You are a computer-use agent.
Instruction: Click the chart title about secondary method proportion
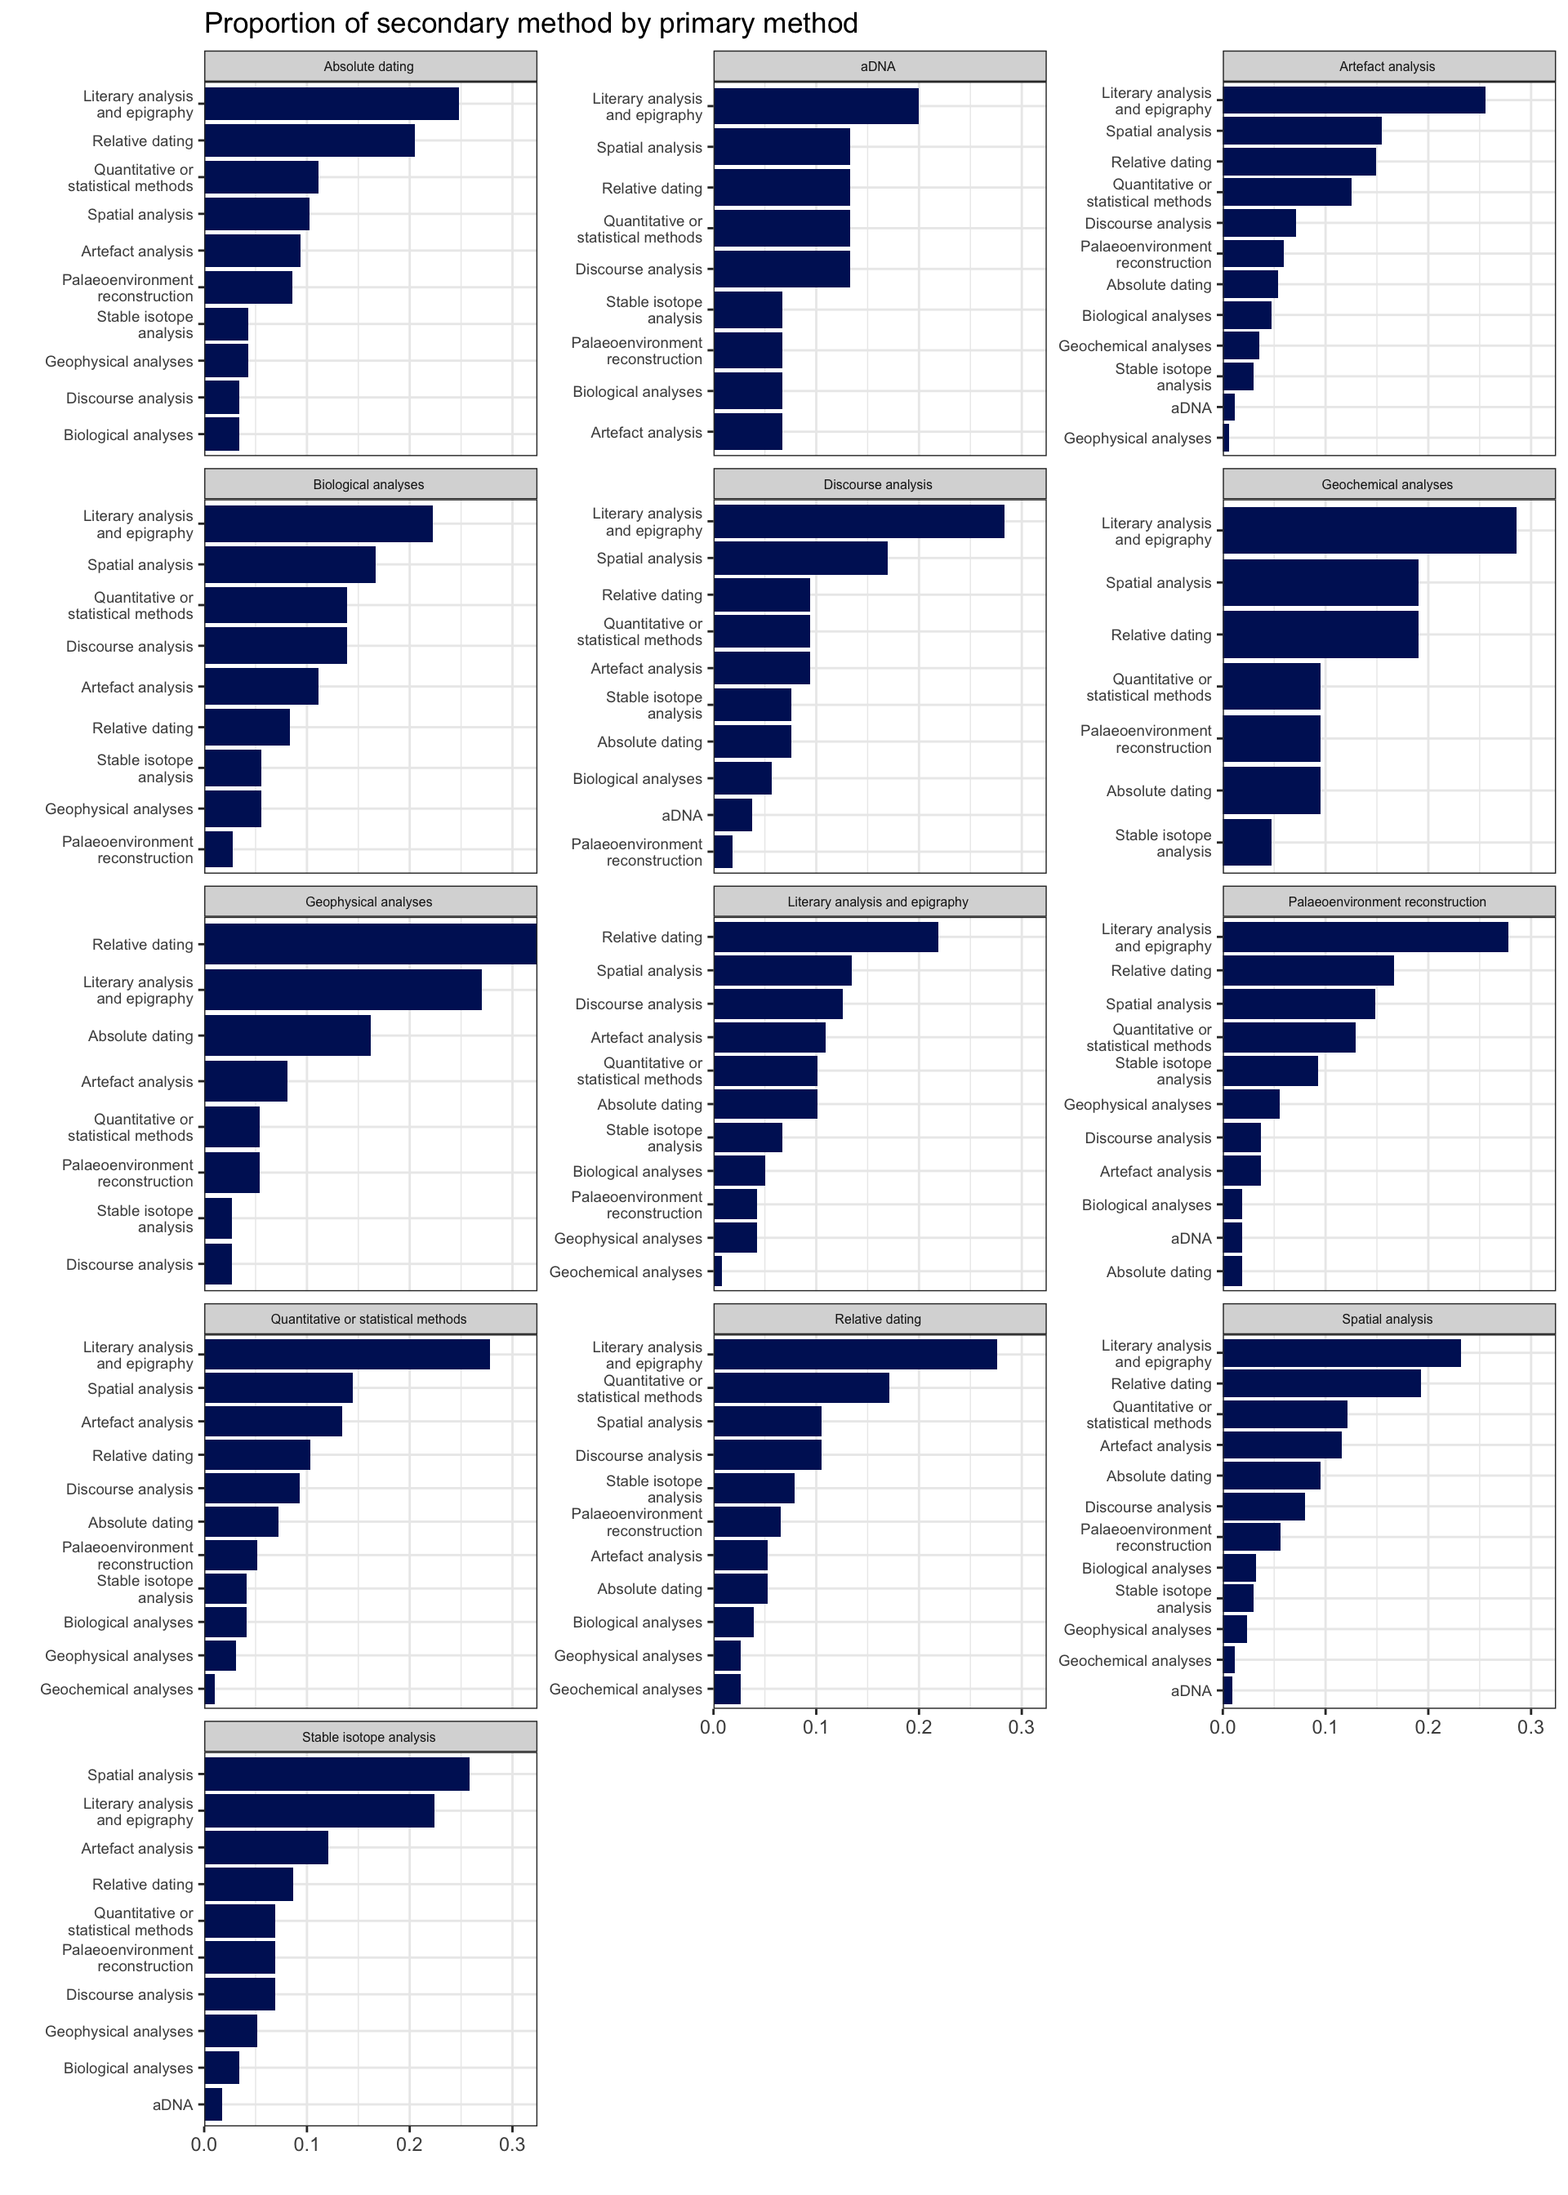pyautogui.click(x=530, y=23)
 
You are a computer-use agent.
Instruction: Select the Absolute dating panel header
pyautogui.click(x=369, y=67)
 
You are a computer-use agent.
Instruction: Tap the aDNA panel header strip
pyautogui.click(x=879, y=67)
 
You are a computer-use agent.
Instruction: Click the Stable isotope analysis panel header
pyautogui.click(x=369, y=1738)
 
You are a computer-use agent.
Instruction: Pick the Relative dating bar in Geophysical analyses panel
pyautogui.click(x=370, y=944)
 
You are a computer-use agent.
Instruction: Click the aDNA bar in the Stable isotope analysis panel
pyautogui.click(x=213, y=2105)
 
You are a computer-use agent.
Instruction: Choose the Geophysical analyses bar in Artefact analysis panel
pyautogui.click(x=1226, y=439)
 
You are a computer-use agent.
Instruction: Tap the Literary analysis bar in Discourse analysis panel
pyautogui.click(x=858, y=522)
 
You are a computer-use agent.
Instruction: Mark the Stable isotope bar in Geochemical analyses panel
pyautogui.click(x=1246, y=843)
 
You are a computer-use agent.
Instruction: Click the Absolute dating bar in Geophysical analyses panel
pyautogui.click(x=287, y=1035)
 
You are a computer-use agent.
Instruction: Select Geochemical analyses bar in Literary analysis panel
pyautogui.click(x=719, y=1272)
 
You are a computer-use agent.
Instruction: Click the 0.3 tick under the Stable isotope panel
pyautogui.click(x=513, y=2145)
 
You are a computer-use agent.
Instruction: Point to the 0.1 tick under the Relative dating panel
pyautogui.click(x=817, y=1728)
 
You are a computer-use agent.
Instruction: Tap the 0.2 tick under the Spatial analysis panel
pyautogui.click(x=1428, y=1728)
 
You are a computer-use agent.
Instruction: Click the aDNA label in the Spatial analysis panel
pyautogui.click(x=1191, y=1691)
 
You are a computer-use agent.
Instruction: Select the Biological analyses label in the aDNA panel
pyautogui.click(x=637, y=392)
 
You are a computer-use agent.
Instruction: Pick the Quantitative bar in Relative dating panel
pyautogui.click(x=800, y=1389)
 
